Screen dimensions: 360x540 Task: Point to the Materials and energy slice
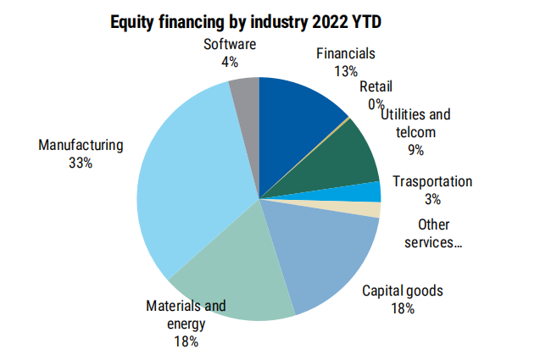tap(237, 271)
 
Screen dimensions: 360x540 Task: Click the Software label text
tap(230, 44)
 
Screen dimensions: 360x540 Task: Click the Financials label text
tap(346, 54)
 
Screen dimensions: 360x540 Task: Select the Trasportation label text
tap(432, 181)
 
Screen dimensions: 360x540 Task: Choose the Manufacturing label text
tap(81, 145)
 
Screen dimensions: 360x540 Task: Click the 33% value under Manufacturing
tap(81, 162)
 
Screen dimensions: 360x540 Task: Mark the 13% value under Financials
tap(346, 71)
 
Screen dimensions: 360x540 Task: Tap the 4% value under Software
tap(230, 61)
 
